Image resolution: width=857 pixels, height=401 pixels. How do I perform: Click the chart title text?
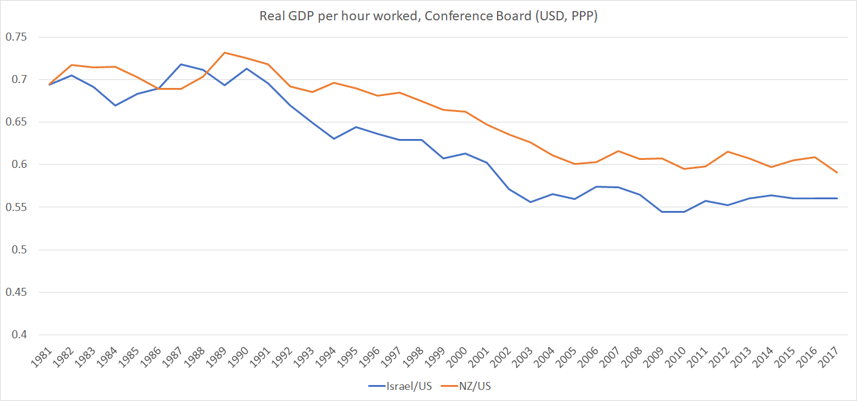pyautogui.click(x=428, y=17)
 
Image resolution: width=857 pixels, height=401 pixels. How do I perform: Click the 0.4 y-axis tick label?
pyautogui.click(x=18, y=335)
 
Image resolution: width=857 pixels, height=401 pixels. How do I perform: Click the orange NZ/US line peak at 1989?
pyautogui.click(x=225, y=52)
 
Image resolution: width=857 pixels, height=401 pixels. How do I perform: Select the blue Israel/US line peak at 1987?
pyautogui.click(x=181, y=64)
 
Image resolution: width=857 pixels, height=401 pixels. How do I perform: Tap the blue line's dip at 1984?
pyautogui.click(x=115, y=105)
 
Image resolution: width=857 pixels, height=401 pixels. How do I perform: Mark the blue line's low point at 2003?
pyautogui.click(x=530, y=202)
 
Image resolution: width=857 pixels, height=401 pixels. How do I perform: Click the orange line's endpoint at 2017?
pyautogui.click(x=837, y=173)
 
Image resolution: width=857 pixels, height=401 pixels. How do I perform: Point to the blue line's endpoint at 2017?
pyautogui.click(x=837, y=198)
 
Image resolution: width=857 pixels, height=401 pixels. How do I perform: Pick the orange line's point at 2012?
pyautogui.click(x=727, y=151)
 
